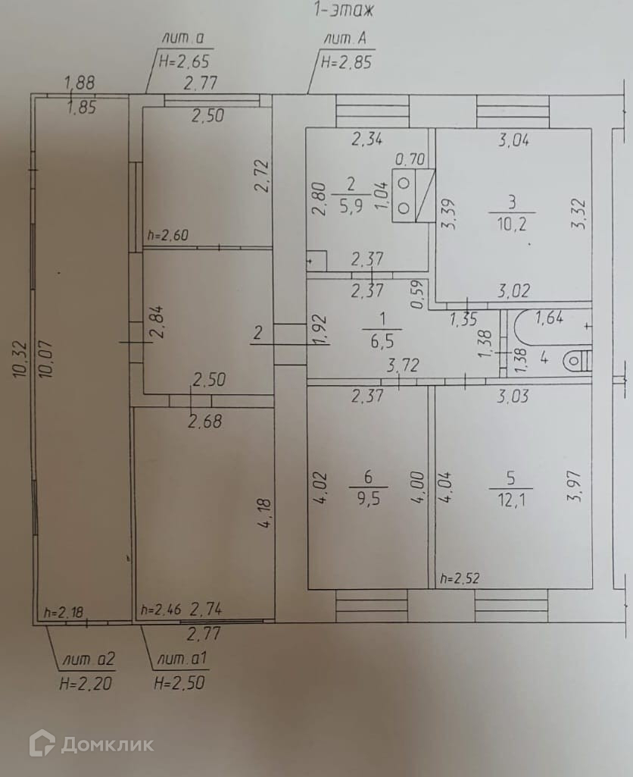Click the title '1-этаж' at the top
click(345, 11)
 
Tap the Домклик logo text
click(107, 744)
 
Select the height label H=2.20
click(86, 682)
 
